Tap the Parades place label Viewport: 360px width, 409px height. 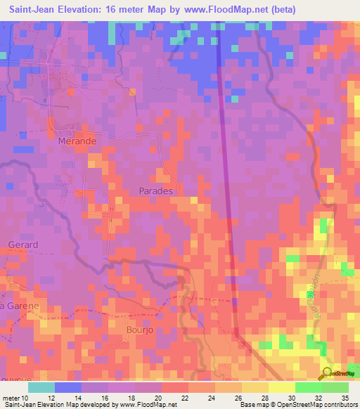click(x=155, y=190)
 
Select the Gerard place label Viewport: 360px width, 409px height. click(x=22, y=245)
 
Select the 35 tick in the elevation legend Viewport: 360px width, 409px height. click(x=345, y=398)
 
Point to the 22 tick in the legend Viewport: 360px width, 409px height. click(x=185, y=398)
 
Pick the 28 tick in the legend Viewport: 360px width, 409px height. click(x=264, y=398)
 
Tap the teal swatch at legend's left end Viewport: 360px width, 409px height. click(x=41, y=387)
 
